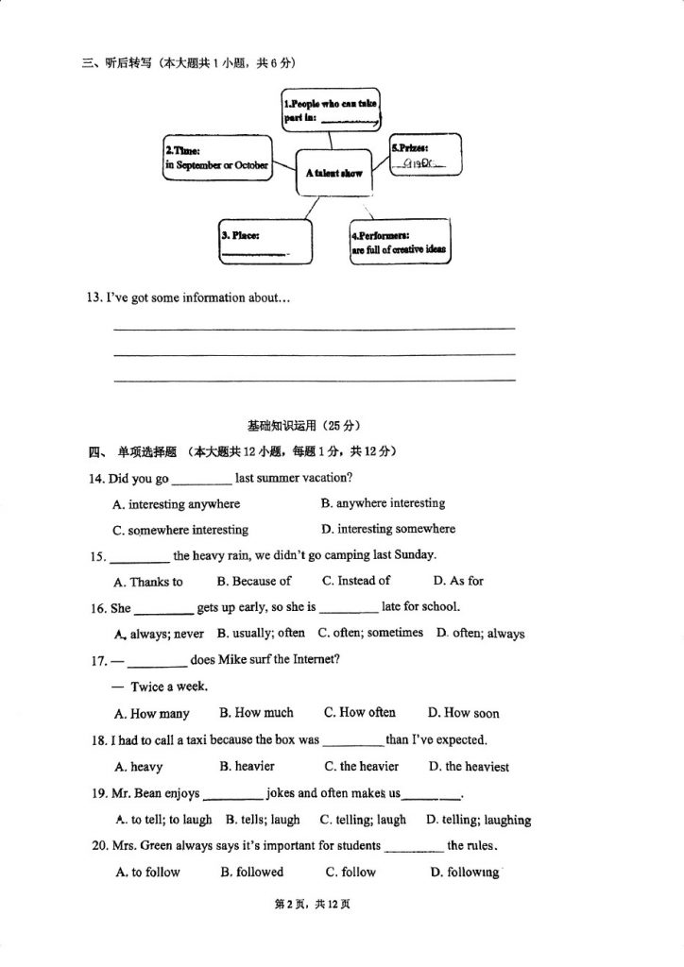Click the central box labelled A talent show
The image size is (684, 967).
pyautogui.click(x=333, y=173)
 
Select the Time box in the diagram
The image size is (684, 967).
pyautogui.click(x=217, y=158)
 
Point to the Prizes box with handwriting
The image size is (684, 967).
pyautogui.click(x=425, y=156)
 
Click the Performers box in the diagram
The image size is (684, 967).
pyautogui.click(x=399, y=243)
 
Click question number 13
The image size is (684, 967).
pyautogui.click(x=94, y=297)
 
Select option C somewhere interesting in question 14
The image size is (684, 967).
pyautogui.click(x=180, y=530)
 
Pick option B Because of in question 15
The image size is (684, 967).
pyautogui.click(x=253, y=581)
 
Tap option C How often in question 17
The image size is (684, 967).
pyautogui.click(x=359, y=713)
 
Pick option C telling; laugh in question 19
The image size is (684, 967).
pyautogui.click(x=363, y=820)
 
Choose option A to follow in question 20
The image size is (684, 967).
pyautogui.click(x=147, y=872)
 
